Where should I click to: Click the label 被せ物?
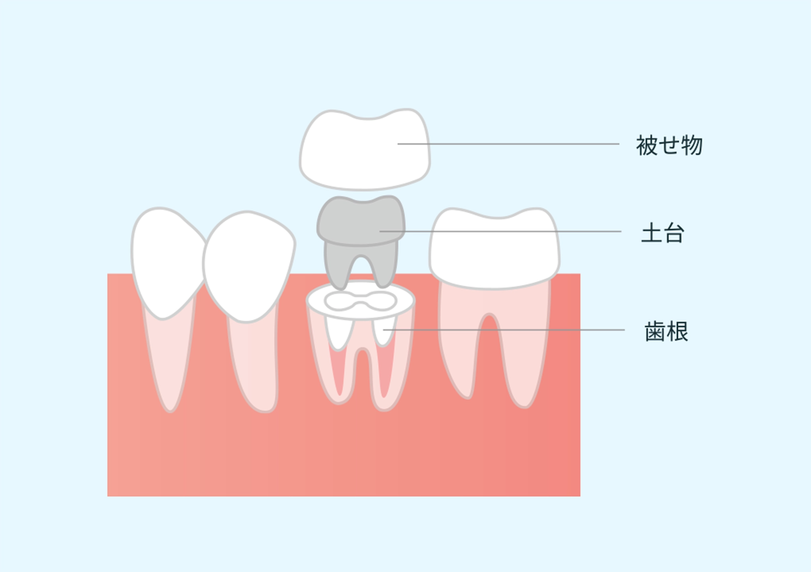click(x=669, y=145)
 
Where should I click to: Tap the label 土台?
click(x=663, y=233)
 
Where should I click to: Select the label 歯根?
click(x=666, y=331)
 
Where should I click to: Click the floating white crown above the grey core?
click(x=365, y=149)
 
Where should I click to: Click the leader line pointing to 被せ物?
click(x=508, y=144)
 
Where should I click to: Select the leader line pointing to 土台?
click(x=500, y=231)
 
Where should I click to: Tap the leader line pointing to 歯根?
click(x=504, y=330)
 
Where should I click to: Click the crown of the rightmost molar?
click(x=494, y=248)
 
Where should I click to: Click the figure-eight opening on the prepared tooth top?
click(x=361, y=301)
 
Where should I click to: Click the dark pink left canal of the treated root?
click(x=338, y=369)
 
